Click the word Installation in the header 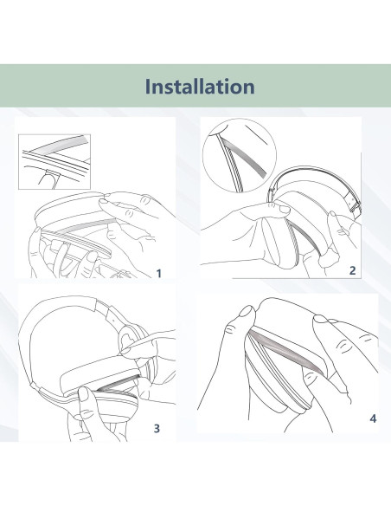200,86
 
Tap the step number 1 158,274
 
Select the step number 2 353,270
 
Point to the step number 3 157,428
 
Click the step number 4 373,418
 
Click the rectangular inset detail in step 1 54,162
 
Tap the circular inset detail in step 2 240,155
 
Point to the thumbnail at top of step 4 247,312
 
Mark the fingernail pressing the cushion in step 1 104,201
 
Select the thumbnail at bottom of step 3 83,394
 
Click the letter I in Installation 148,87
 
